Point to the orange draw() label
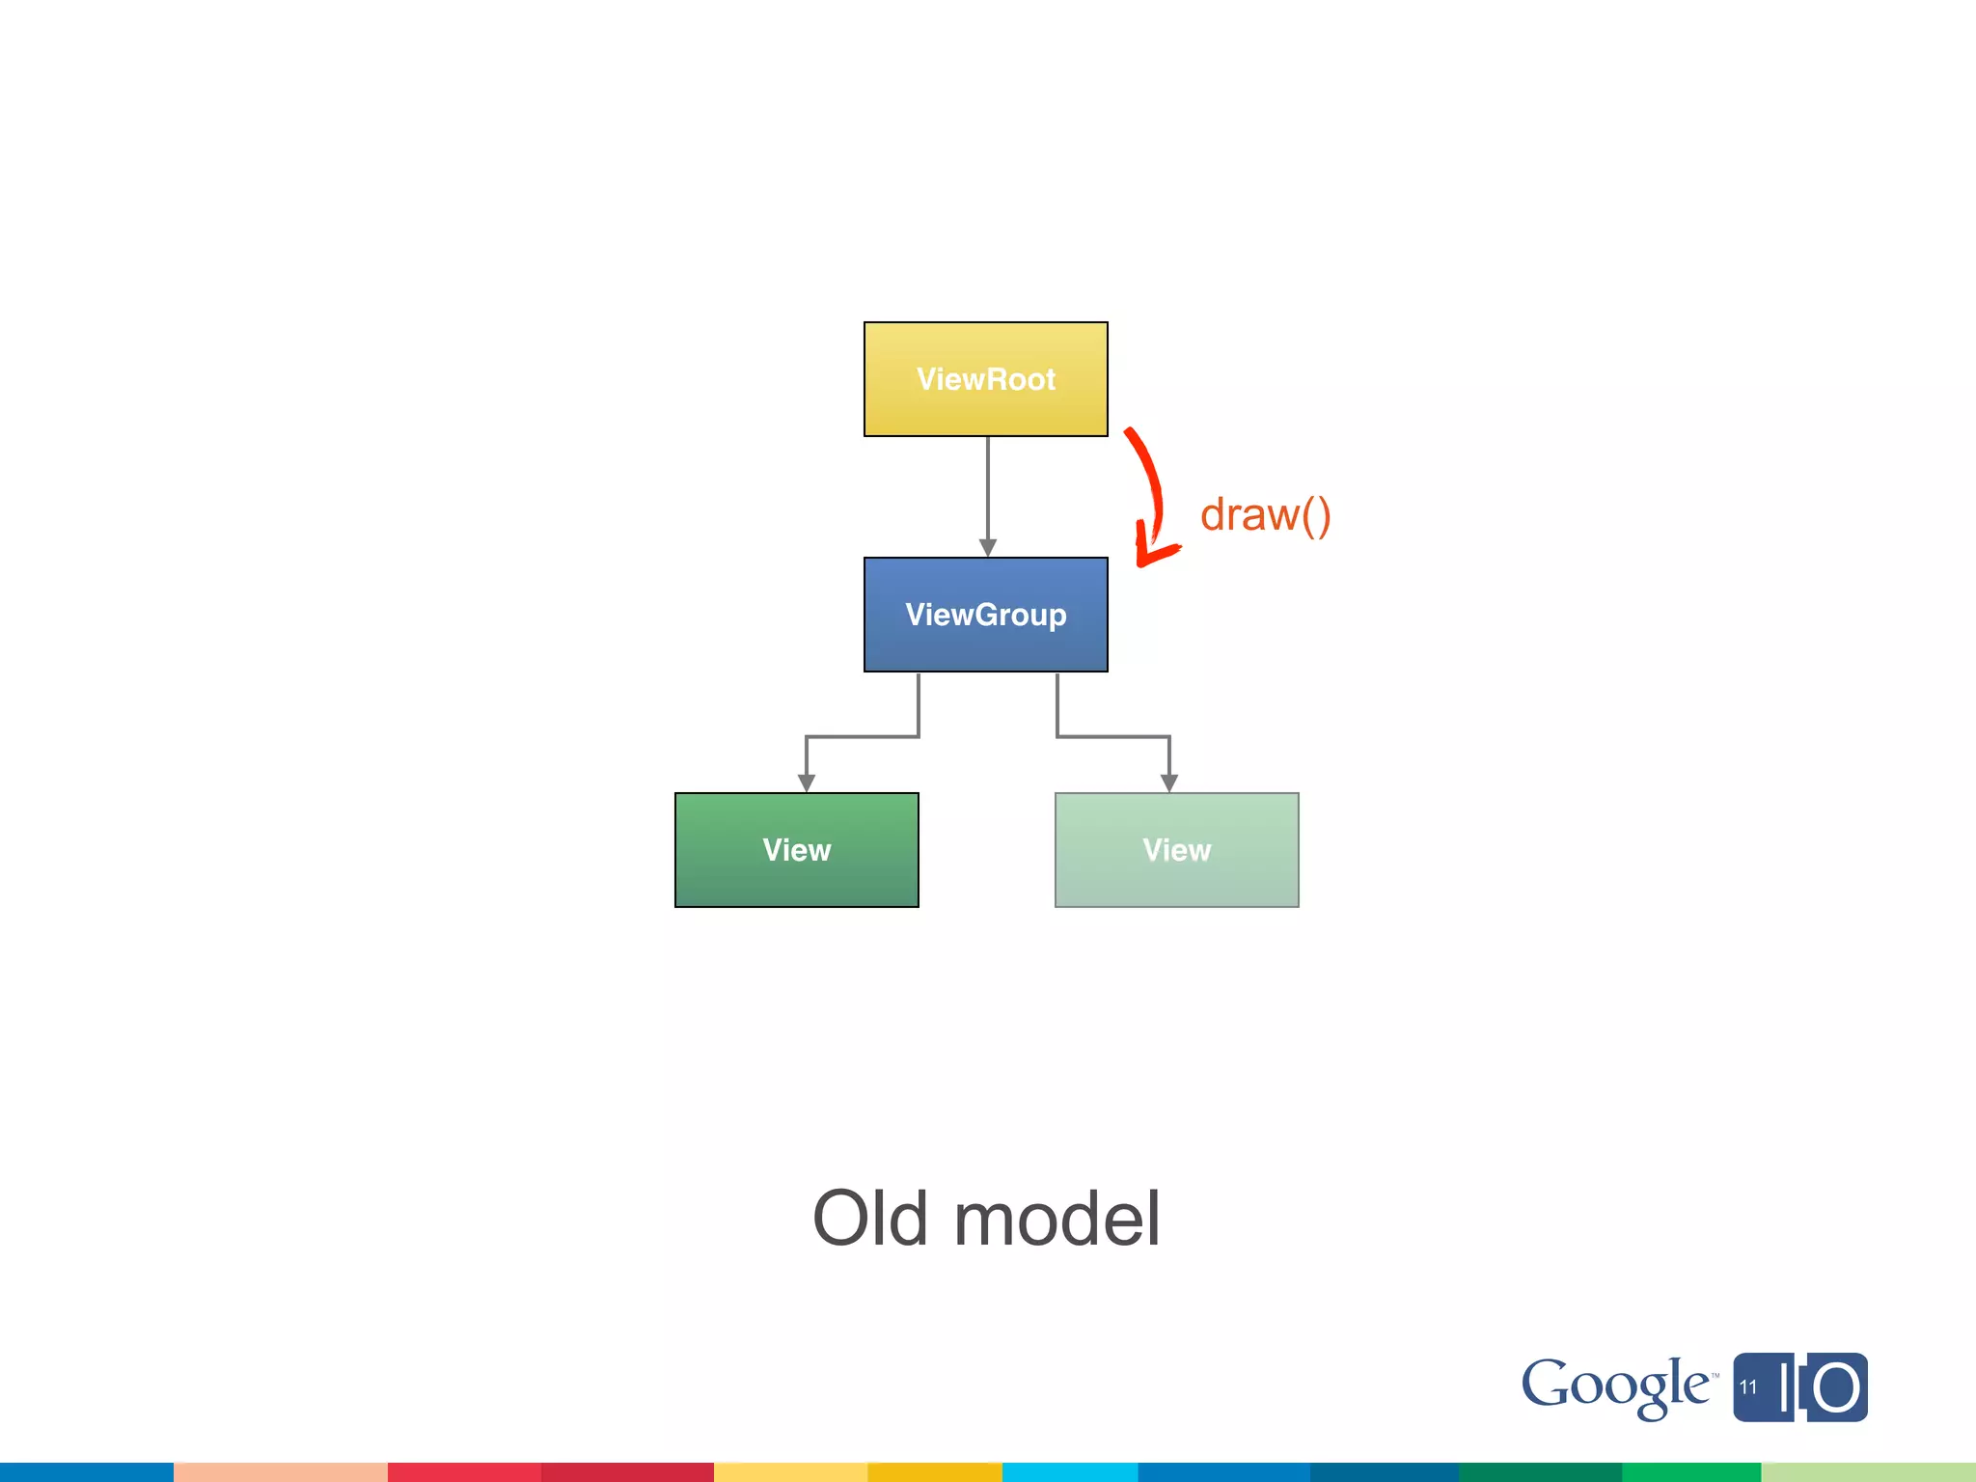pyautogui.click(x=1265, y=515)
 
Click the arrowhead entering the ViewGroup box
pyautogui.click(x=988, y=547)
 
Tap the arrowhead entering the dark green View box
pyautogui.click(x=807, y=782)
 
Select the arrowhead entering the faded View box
pyautogui.click(x=1169, y=782)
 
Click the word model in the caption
pyautogui.click(x=1057, y=1219)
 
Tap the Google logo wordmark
pyautogui.click(x=1616, y=1386)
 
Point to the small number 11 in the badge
pyautogui.click(x=1748, y=1387)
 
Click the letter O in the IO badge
pyautogui.click(x=1836, y=1388)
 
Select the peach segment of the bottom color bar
pyautogui.click(x=280, y=1471)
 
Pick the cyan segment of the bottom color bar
pyautogui.click(x=1069, y=1471)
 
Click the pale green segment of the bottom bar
pyautogui.click(x=1868, y=1471)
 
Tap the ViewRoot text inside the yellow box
pyautogui.click(x=985, y=379)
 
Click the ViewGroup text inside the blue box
pyautogui.click(x=985, y=615)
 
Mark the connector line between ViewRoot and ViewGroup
pyautogui.click(x=988, y=487)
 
